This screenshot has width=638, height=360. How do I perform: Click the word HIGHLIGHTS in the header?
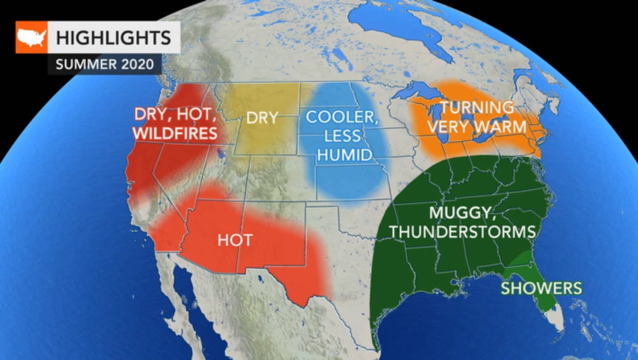pos(113,37)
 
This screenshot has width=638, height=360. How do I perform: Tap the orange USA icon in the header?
pos(31,37)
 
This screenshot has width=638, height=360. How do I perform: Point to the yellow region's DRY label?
pos(262,118)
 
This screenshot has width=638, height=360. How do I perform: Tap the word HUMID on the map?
pos(345,155)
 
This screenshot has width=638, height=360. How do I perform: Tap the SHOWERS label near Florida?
pos(541,288)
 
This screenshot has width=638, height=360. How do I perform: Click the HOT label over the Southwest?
pos(234,240)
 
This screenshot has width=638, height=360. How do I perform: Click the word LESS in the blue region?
pos(341,136)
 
